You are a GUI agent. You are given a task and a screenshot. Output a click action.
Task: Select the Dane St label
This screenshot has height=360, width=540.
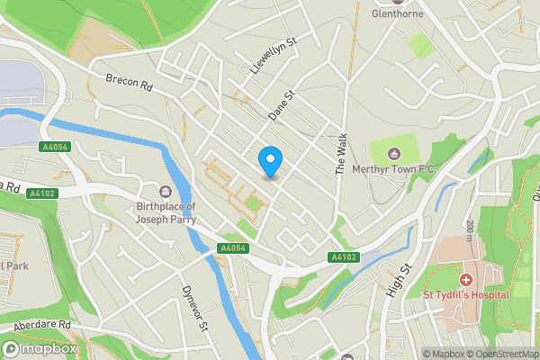click(x=282, y=106)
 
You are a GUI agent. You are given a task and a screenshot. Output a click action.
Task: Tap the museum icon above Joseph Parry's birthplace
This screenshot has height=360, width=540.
click(x=166, y=191)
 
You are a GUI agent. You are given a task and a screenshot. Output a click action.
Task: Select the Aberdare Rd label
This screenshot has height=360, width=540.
click(x=41, y=324)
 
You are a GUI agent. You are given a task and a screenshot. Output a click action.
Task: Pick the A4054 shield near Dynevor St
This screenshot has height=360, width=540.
click(x=232, y=248)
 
